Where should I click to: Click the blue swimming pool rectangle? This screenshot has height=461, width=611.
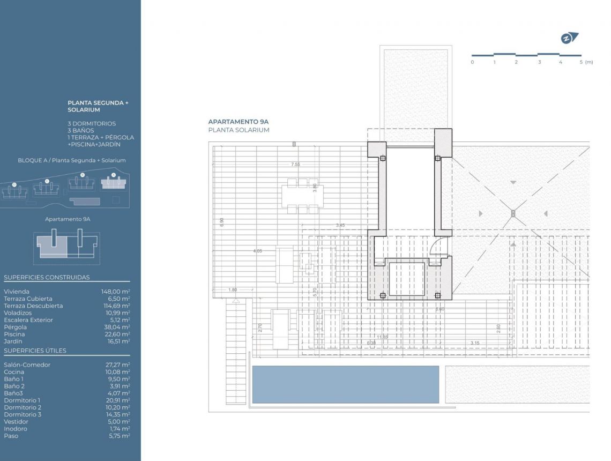click(345, 384)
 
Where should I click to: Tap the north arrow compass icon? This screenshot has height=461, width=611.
click(569, 38)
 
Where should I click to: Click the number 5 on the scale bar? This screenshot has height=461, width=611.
click(581, 62)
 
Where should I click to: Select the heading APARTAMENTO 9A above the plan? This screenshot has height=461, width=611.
click(239, 122)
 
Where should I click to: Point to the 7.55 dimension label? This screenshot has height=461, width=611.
click(295, 165)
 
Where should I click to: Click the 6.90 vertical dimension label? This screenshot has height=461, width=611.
click(221, 222)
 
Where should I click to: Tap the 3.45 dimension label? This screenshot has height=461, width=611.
click(340, 225)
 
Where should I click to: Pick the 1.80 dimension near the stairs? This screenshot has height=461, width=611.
click(232, 290)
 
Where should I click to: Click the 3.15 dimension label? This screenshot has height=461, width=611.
click(475, 343)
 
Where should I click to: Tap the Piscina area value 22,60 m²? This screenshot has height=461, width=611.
click(116, 334)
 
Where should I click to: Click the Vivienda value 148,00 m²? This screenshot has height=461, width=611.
click(115, 292)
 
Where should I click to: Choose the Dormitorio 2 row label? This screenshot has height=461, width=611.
click(22, 407)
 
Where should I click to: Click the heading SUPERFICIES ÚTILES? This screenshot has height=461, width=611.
click(35, 351)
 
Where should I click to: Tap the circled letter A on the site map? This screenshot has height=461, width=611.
click(113, 175)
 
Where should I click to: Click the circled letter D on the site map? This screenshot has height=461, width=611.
click(14, 185)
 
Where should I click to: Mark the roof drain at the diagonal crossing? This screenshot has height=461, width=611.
click(513, 213)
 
